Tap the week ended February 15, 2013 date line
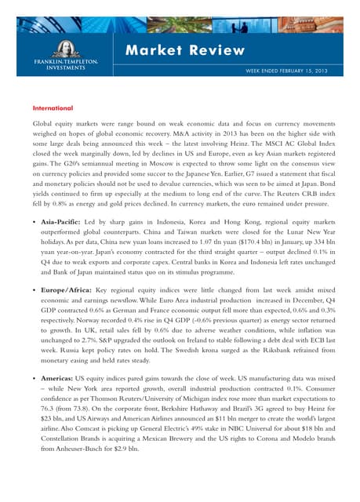[284, 71]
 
